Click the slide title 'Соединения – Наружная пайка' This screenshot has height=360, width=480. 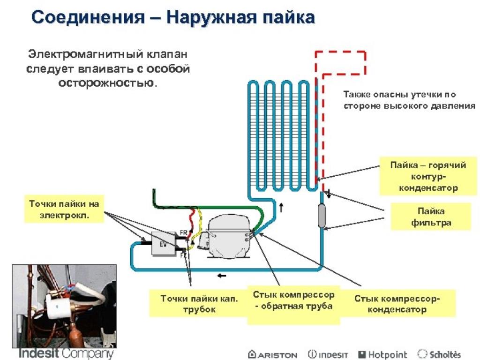click(x=172, y=18)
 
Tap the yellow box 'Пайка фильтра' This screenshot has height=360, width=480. click(x=431, y=217)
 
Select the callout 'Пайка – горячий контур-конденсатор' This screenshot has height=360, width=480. click(x=427, y=177)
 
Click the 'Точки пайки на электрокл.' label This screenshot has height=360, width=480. click(x=64, y=210)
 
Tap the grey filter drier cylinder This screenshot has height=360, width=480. click(x=322, y=216)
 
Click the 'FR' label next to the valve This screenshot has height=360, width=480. click(x=183, y=232)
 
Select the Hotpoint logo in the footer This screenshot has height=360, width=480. click(x=382, y=354)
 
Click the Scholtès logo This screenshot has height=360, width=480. click(x=439, y=354)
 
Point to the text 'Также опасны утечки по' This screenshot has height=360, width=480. click(x=399, y=94)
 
